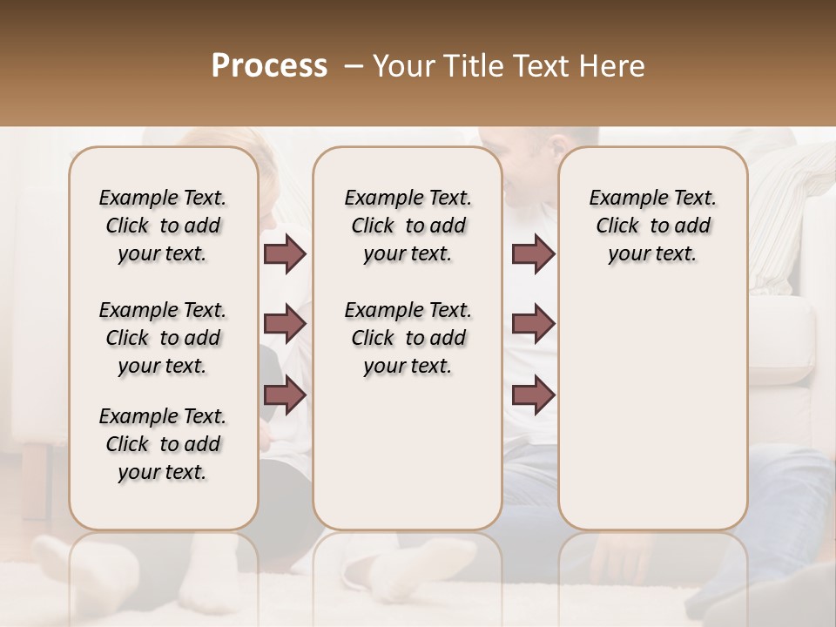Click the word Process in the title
tap(269, 66)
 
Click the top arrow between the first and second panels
tap(285, 254)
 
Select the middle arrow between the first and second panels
tap(285, 324)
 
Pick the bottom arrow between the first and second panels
tap(285, 394)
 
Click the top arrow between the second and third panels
tap(534, 254)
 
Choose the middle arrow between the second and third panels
tap(534, 324)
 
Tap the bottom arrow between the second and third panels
tap(534, 394)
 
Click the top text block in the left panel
tap(163, 226)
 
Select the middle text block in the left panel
tap(163, 338)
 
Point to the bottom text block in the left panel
tap(163, 444)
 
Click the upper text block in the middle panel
tap(408, 226)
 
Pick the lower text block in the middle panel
tap(408, 338)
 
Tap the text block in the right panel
tap(653, 226)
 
